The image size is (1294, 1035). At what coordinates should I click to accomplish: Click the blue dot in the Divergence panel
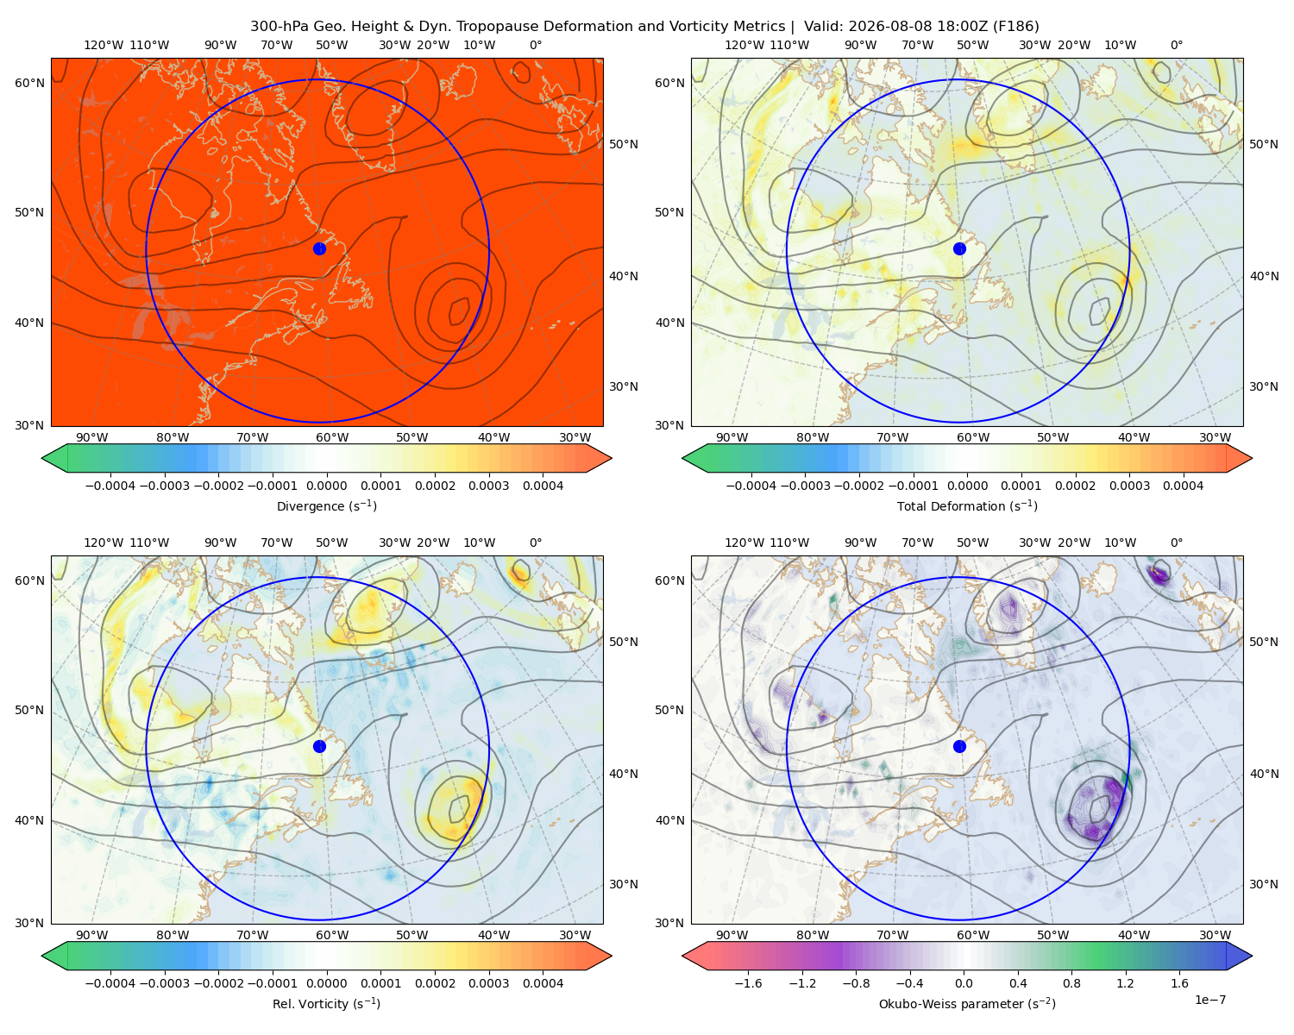pyautogui.click(x=319, y=248)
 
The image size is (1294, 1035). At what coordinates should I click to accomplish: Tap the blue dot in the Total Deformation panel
pyautogui.click(x=959, y=248)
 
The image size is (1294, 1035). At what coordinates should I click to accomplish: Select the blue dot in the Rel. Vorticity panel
pyautogui.click(x=319, y=746)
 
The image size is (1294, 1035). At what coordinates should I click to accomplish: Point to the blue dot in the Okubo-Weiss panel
pyautogui.click(x=959, y=746)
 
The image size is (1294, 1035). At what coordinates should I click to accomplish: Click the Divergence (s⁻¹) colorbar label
pyautogui.click(x=326, y=505)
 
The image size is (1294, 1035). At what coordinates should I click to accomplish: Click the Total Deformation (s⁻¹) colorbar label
pyautogui.click(x=967, y=505)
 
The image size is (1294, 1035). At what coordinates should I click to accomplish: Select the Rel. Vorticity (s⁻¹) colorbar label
pyautogui.click(x=326, y=1003)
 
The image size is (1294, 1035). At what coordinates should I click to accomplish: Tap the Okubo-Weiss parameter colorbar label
pyautogui.click(x=967, y=1003)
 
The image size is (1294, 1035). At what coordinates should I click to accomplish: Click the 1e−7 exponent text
pyautogui.click(x=1209, y=1000)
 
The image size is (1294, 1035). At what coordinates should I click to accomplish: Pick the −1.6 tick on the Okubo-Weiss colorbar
pyautogui.click(x=748, y=982)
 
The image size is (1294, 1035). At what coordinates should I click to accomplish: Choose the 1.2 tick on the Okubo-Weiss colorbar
pyautogui.click(x=1125, y=982)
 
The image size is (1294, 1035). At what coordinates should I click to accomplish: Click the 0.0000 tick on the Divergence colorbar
pyautogui.click(x=326, y=486)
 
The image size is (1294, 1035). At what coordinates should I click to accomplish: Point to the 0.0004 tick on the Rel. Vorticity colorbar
pyautogui.click(x=543, y=982)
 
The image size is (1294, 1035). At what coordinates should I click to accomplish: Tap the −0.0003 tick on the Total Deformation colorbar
pyautogui.click(x=805, y=486)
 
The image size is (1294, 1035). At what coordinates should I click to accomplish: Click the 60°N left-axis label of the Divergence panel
pyautogui.click(x=29, y=83)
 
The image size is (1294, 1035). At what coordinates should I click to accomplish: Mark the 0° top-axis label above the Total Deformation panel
pyautogui.click(x=1176, y=45)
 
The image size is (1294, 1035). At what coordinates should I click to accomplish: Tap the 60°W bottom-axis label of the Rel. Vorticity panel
pyautogui.click(x=332, y=935)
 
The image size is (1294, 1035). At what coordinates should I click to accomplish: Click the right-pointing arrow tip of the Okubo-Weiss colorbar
pyautogui.click(x=1252, y=956)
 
